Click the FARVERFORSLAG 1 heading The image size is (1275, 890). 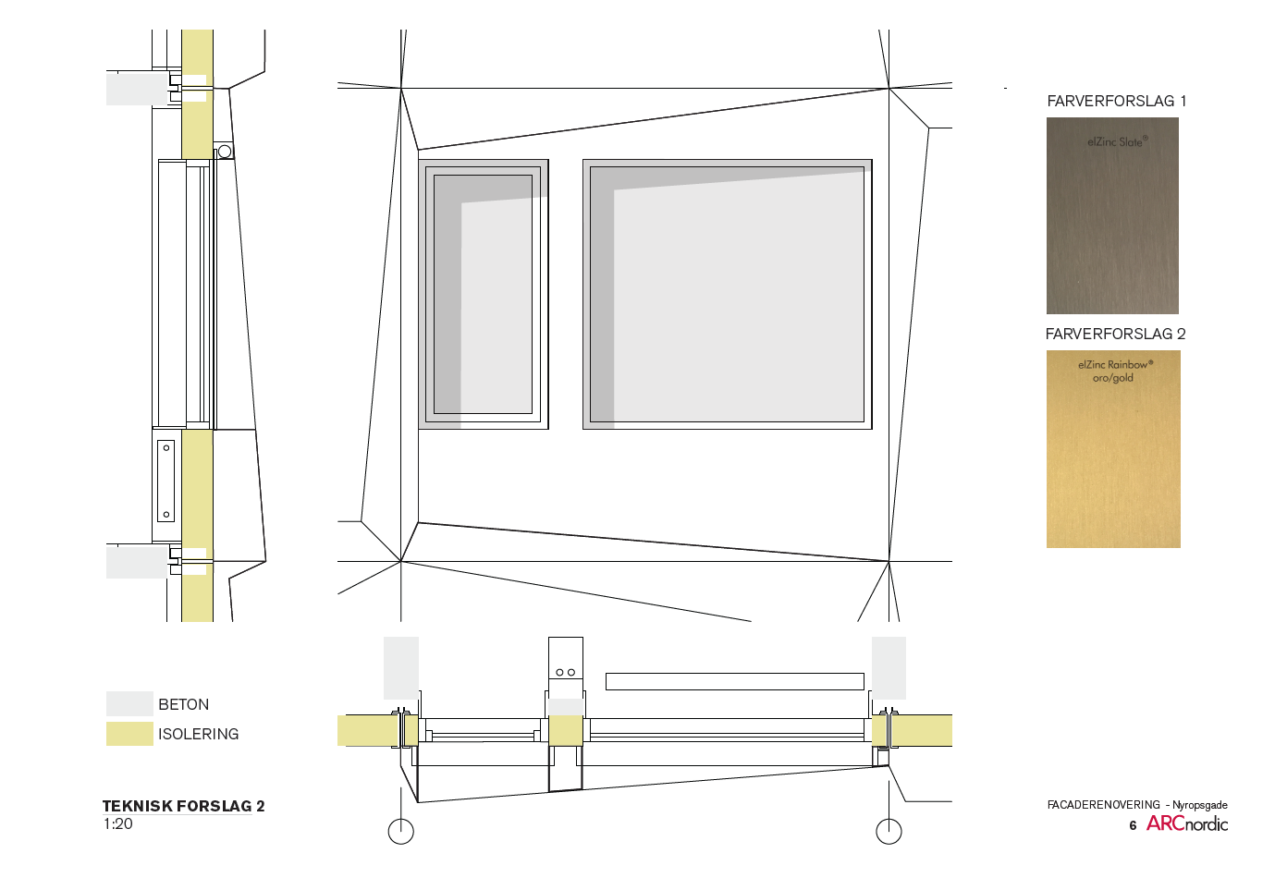pyautogui.click(x=1116, y=102)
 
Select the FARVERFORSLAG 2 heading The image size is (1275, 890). pyautogui.click(x=1115, y=334)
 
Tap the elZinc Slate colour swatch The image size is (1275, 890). pyautogui.click(x=1112, y=215)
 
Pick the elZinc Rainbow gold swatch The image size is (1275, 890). pyautogui.click(x=1113, y=449)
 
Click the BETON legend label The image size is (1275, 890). pyautogui.click(x=183, y=704)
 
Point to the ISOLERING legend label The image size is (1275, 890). pyautogui.click(x=198, y=734)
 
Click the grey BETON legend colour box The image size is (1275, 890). pyautogui.click(x=129, y=703)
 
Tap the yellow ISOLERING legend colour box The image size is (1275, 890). pyautogui.click(x=129, y=734)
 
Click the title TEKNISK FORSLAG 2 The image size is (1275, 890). pyautogui.click(x=183, y=806)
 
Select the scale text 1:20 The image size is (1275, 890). pyautogui.click(x=117, y=824)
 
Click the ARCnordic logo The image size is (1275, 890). pyautogui.click(x=1187, y=824)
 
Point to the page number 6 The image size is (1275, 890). pyautogui.click(x=1133, y=825)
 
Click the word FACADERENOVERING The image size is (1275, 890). pyautogui.click(x=1103, y=805)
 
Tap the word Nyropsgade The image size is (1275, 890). pyautogui.click(x=1200, y=805)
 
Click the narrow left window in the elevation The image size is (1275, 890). pyautogui.click(x=484, y=294)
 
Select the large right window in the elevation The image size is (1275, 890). pyautogui.click(x=728, y=294)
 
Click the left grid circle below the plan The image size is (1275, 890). pyautogui.click(x=400, y=832)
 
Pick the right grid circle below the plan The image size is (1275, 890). pyautogui.click(x=889, y=832)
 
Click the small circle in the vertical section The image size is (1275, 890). pyautogui.click(x=225, y=152)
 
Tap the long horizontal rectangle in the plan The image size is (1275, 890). pyautogui.click(x=735, y=681)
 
